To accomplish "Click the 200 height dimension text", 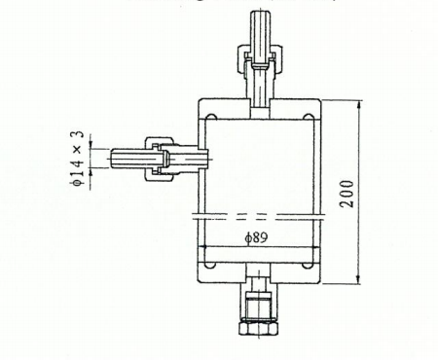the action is (347, 194).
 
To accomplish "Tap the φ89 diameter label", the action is (256, 237).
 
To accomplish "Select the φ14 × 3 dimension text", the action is (77, 158).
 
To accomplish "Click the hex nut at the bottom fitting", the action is (258, 327).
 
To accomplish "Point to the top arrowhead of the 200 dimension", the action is (359, 104).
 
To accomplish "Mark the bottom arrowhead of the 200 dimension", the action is (358, 280).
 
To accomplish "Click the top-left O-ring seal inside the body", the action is (211, 117).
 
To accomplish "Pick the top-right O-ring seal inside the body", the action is (308, 117).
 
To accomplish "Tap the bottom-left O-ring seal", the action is (211, 266).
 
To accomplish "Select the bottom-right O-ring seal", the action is (308, 266).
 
